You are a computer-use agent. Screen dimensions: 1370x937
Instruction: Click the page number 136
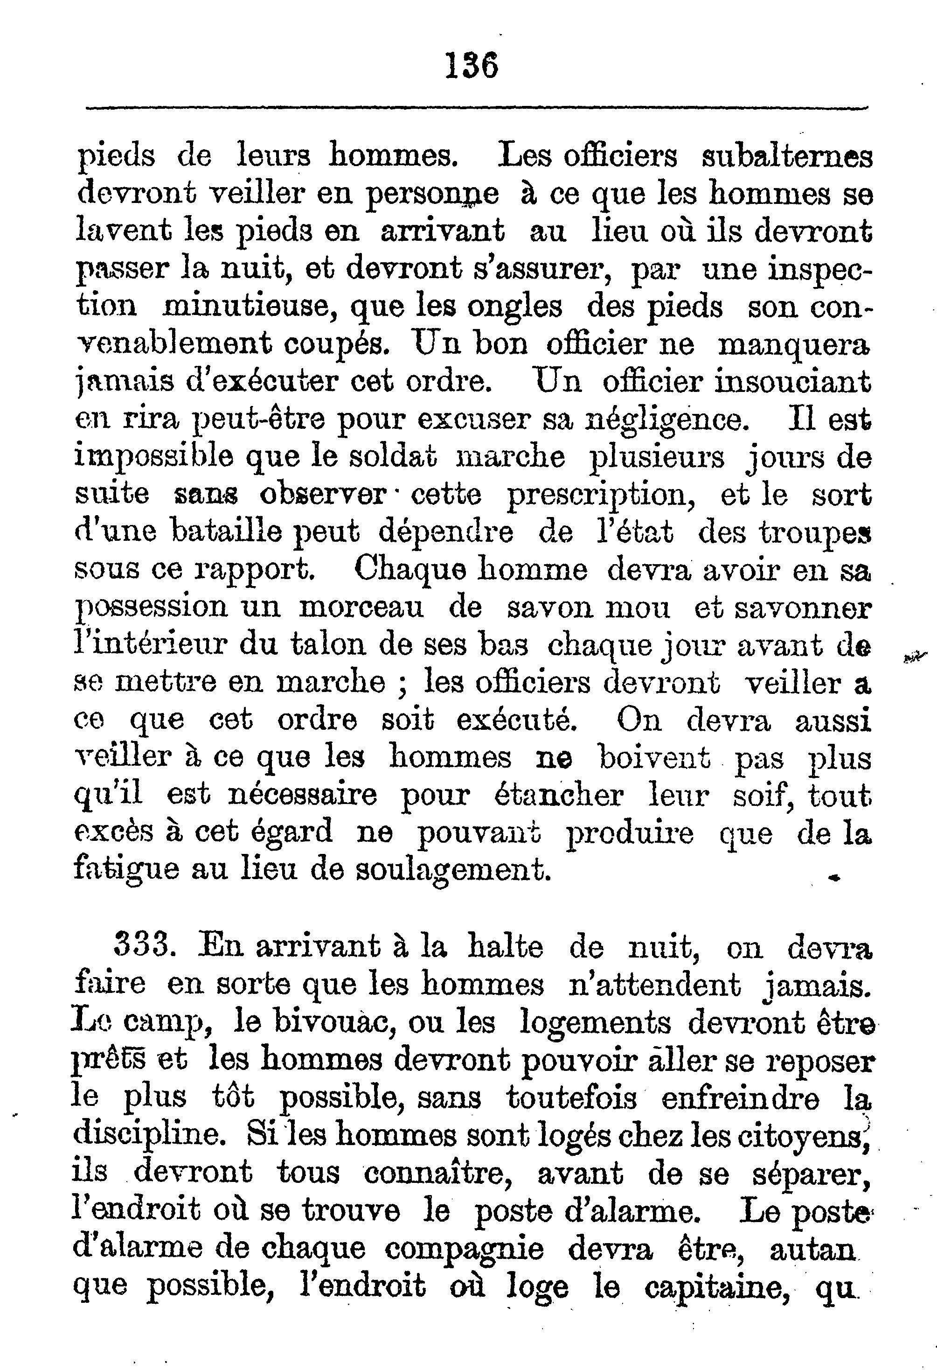coord(472,65)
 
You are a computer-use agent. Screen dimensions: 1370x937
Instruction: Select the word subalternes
coord(788,157)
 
